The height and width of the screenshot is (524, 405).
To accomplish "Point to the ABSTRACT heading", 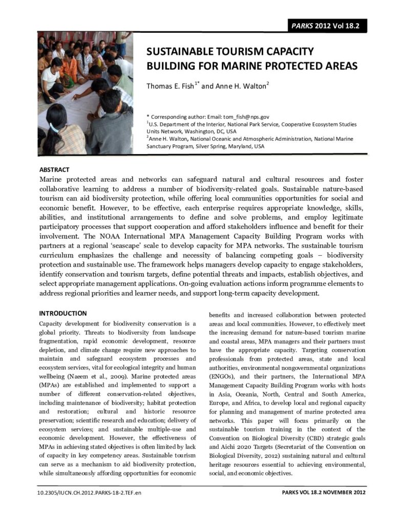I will coord(54,170).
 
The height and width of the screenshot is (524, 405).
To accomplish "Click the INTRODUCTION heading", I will coord(63,313).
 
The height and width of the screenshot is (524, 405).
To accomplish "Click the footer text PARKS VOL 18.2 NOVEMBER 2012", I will coord(324,493).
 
